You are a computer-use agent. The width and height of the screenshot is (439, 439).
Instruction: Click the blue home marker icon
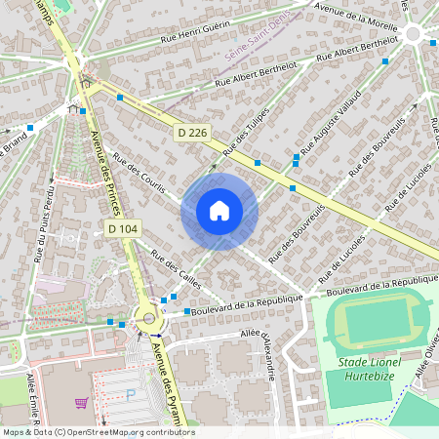[219, 211]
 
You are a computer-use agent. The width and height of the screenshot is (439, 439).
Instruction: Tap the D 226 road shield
[192, 132]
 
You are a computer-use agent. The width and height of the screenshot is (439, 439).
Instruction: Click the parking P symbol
[132, 395]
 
